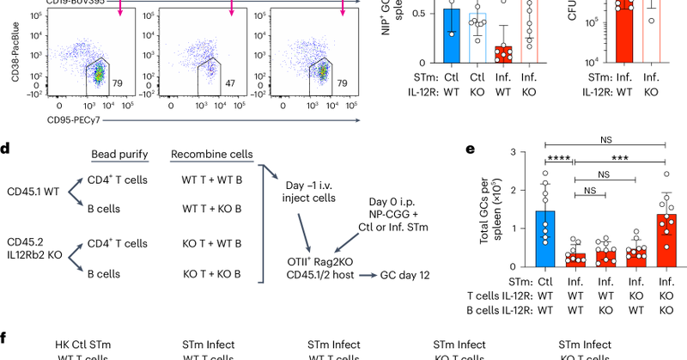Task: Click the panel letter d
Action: [x=5, y=148]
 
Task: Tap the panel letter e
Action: [x=470, y=148]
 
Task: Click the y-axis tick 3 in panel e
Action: [x=514, y=153]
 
